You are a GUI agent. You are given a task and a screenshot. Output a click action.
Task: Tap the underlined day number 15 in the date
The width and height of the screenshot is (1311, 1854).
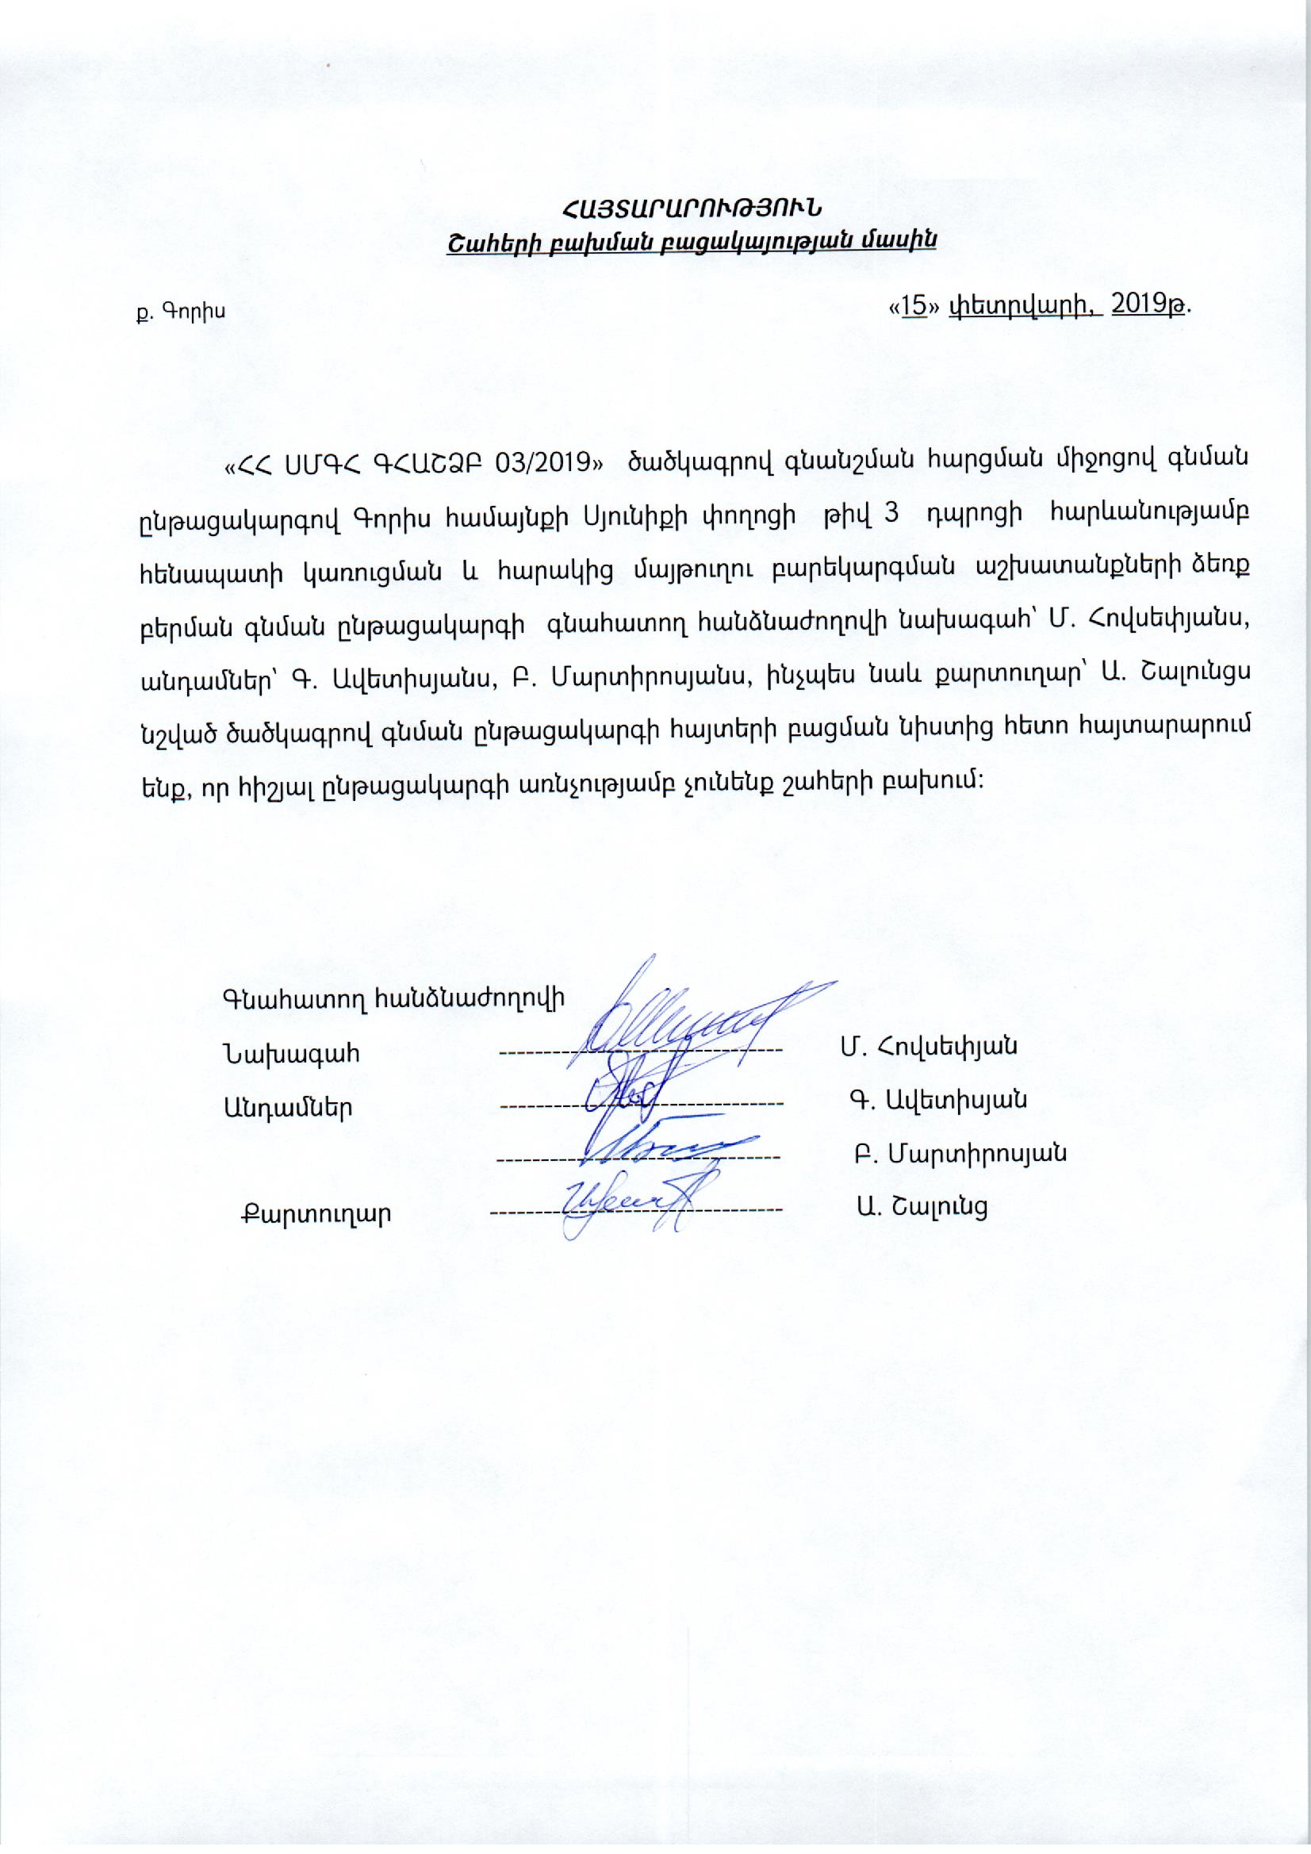click(913, 306)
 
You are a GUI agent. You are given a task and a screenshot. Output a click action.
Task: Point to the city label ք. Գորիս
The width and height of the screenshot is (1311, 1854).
click(180, 312)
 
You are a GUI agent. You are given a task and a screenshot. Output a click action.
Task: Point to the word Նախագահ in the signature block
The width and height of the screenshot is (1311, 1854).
click(292, 1054)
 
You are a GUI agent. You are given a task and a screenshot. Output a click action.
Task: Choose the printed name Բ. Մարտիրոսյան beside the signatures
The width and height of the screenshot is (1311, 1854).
click(960, 1153)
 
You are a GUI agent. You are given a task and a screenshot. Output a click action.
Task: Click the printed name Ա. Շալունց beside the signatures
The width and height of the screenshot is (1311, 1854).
click(922, 1206)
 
